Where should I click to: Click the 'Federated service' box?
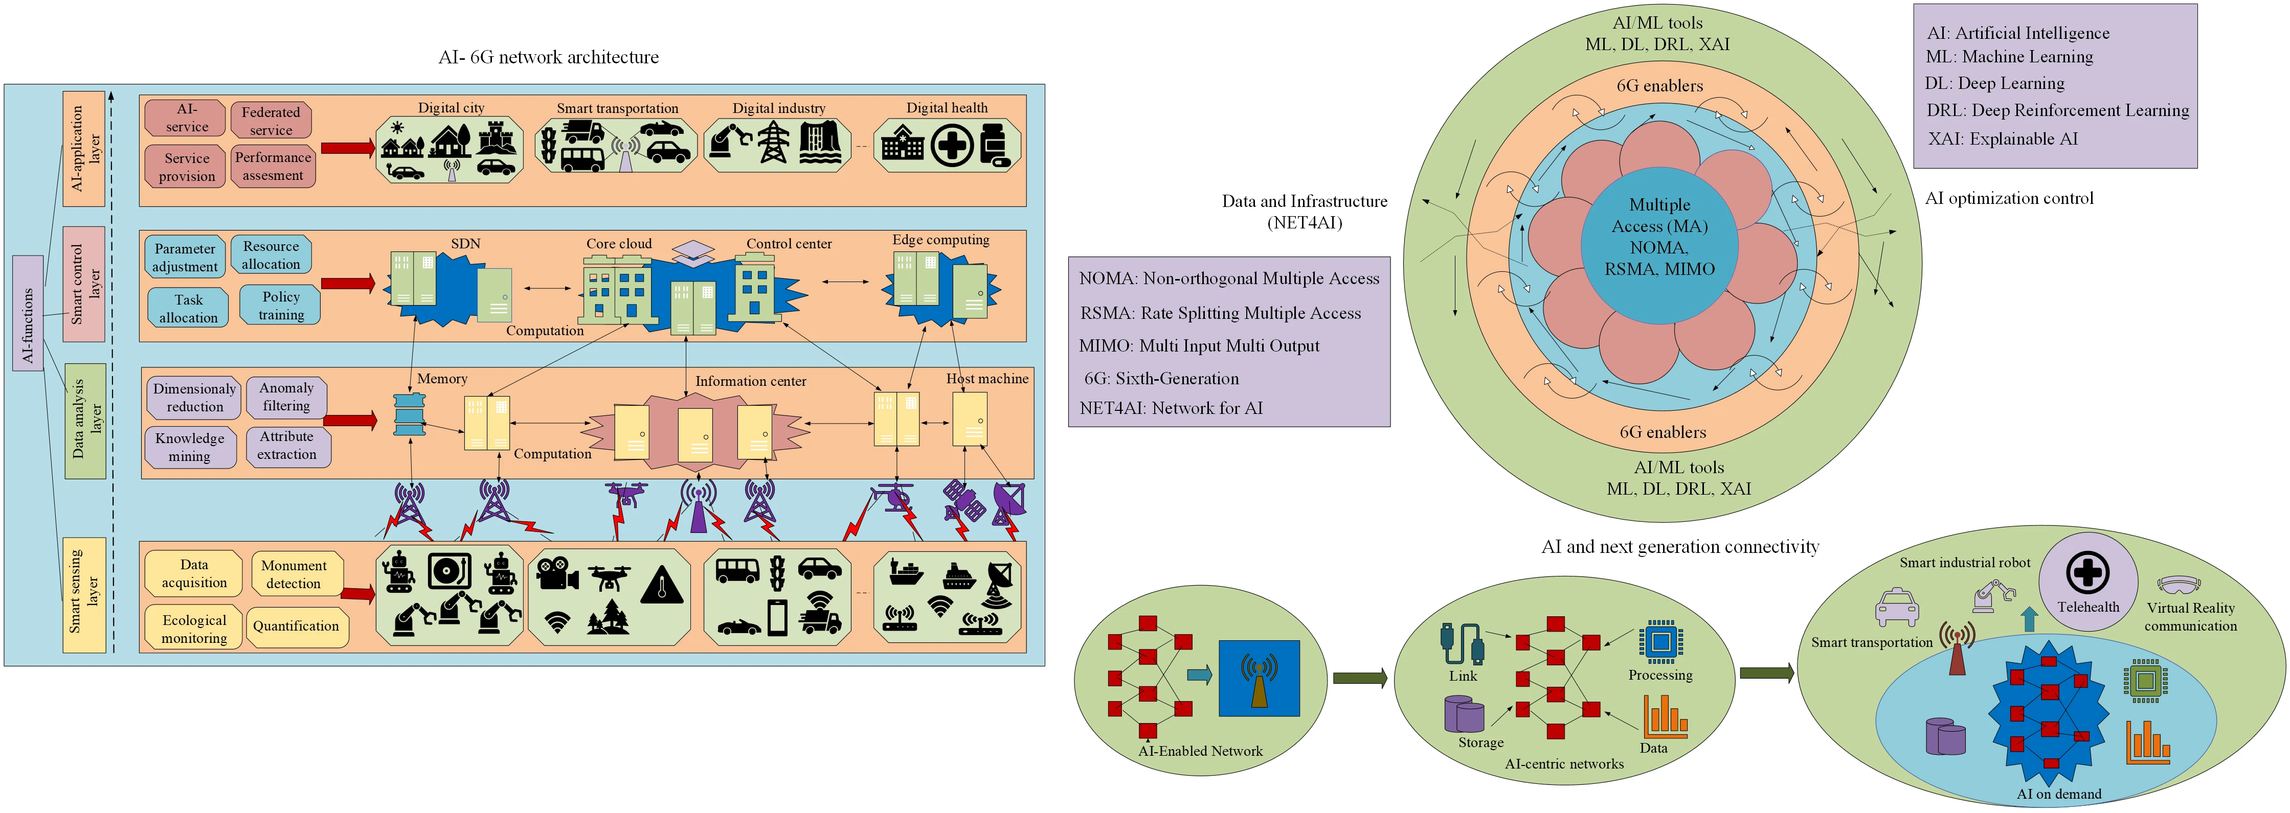[271, 120]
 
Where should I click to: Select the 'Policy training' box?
[281, 305]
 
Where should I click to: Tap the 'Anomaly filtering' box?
[286, 397]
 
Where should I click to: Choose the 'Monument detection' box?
[294, 574]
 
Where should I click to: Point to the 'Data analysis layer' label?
[85, 420]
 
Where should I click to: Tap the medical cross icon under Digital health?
[952, 146]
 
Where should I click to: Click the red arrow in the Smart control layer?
[348, 284]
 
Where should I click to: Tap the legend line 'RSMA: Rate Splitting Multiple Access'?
[1220, 313]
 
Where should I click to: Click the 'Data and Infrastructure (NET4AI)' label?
[1304, 212]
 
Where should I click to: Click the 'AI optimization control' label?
[2008, 198]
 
